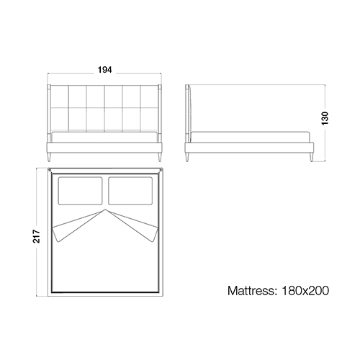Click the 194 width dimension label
104,70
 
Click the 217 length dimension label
37,236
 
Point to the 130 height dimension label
325,118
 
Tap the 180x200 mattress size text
305,291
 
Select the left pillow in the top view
80,191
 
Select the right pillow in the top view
130,191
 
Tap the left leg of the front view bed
50,157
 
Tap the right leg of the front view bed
159,157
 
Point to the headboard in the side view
188,113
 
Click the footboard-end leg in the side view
311,157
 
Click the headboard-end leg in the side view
188,157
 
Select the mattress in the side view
250,137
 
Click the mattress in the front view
104,137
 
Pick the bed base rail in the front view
104,148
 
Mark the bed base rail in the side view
249,148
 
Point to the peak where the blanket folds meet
105,210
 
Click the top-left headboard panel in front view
60,96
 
